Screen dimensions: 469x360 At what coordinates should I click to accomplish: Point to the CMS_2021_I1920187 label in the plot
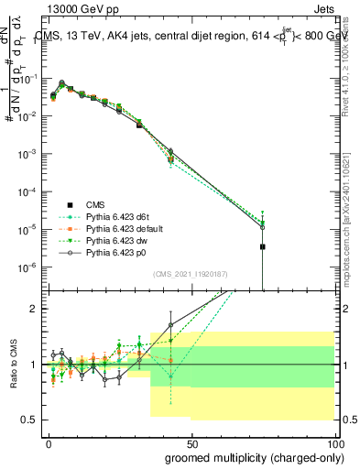(189, 273)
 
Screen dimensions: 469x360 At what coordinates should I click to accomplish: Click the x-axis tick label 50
(191, 442)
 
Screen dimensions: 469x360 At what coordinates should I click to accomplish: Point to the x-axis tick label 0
(49, 442)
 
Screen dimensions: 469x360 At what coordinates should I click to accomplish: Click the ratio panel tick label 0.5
(29, 420)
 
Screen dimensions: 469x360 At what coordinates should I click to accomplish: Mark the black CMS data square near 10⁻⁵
(263, 246)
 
